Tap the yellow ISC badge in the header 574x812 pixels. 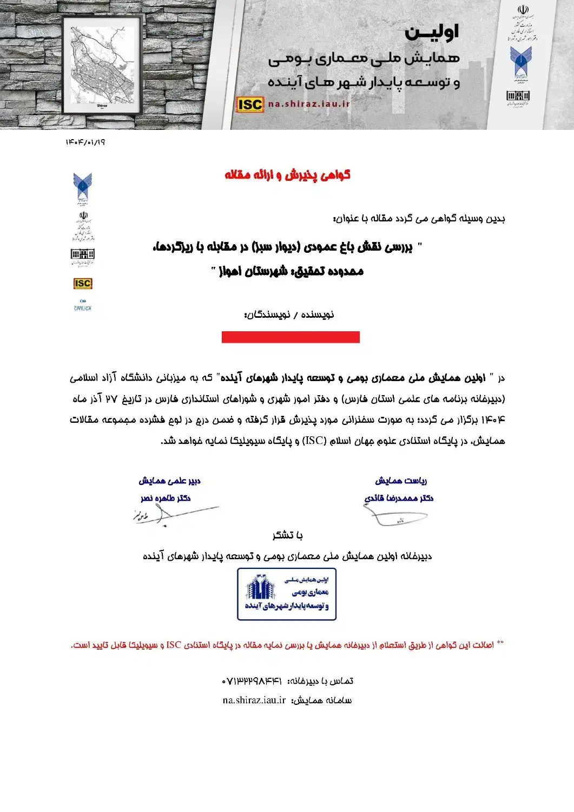point(249,104)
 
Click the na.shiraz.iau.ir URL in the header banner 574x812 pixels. point(309,104)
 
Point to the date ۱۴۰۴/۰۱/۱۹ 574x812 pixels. point(85,142)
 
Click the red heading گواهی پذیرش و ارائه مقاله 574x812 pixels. point(287,175)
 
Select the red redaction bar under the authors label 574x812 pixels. point(291,337)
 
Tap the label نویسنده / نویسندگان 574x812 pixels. point(290,315)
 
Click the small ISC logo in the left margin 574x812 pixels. point(83,283)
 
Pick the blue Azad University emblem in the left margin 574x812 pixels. point(83,186)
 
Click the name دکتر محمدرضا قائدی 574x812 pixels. point(399,498)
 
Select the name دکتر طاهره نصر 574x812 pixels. point(166,498)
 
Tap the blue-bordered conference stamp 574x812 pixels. point(287,594)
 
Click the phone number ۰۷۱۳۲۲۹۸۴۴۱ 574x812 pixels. point(252,681)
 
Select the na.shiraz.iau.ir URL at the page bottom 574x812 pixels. point(254,700)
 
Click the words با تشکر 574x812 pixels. point(287,535)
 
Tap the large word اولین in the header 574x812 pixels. point(432,32)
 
